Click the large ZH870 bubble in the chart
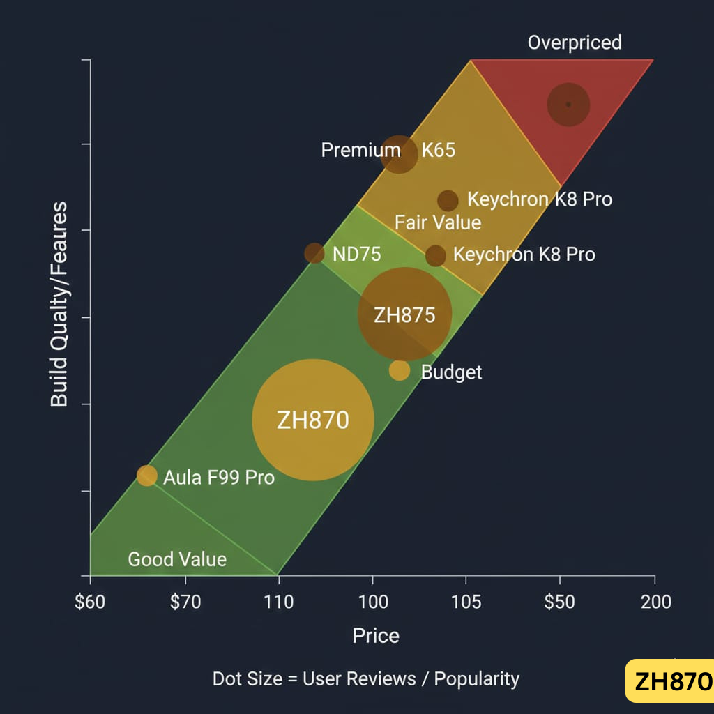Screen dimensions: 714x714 [313, 420]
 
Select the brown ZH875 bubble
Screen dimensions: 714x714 [404, 314]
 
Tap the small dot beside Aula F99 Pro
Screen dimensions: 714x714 [147, 476]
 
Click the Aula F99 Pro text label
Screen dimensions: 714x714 [219, 478]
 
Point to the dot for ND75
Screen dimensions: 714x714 [314, 253]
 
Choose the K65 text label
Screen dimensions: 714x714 [438, 150]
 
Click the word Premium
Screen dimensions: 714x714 [360, 150]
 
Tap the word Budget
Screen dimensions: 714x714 [451, 372]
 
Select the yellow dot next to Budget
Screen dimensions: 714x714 [400, 370]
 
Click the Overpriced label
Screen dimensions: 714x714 [575, 43]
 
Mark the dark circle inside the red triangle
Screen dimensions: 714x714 [568, 105]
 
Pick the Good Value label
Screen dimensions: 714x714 [177, 559]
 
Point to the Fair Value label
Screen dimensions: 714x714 [438, 222]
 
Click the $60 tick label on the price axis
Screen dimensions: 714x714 [90, 601]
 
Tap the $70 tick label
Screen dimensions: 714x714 [185, 601]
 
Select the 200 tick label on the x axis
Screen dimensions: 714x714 [655, 601]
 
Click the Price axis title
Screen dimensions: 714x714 [376, 636]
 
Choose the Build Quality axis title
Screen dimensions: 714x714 [59, 304]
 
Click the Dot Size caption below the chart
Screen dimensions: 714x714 [366, 678]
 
